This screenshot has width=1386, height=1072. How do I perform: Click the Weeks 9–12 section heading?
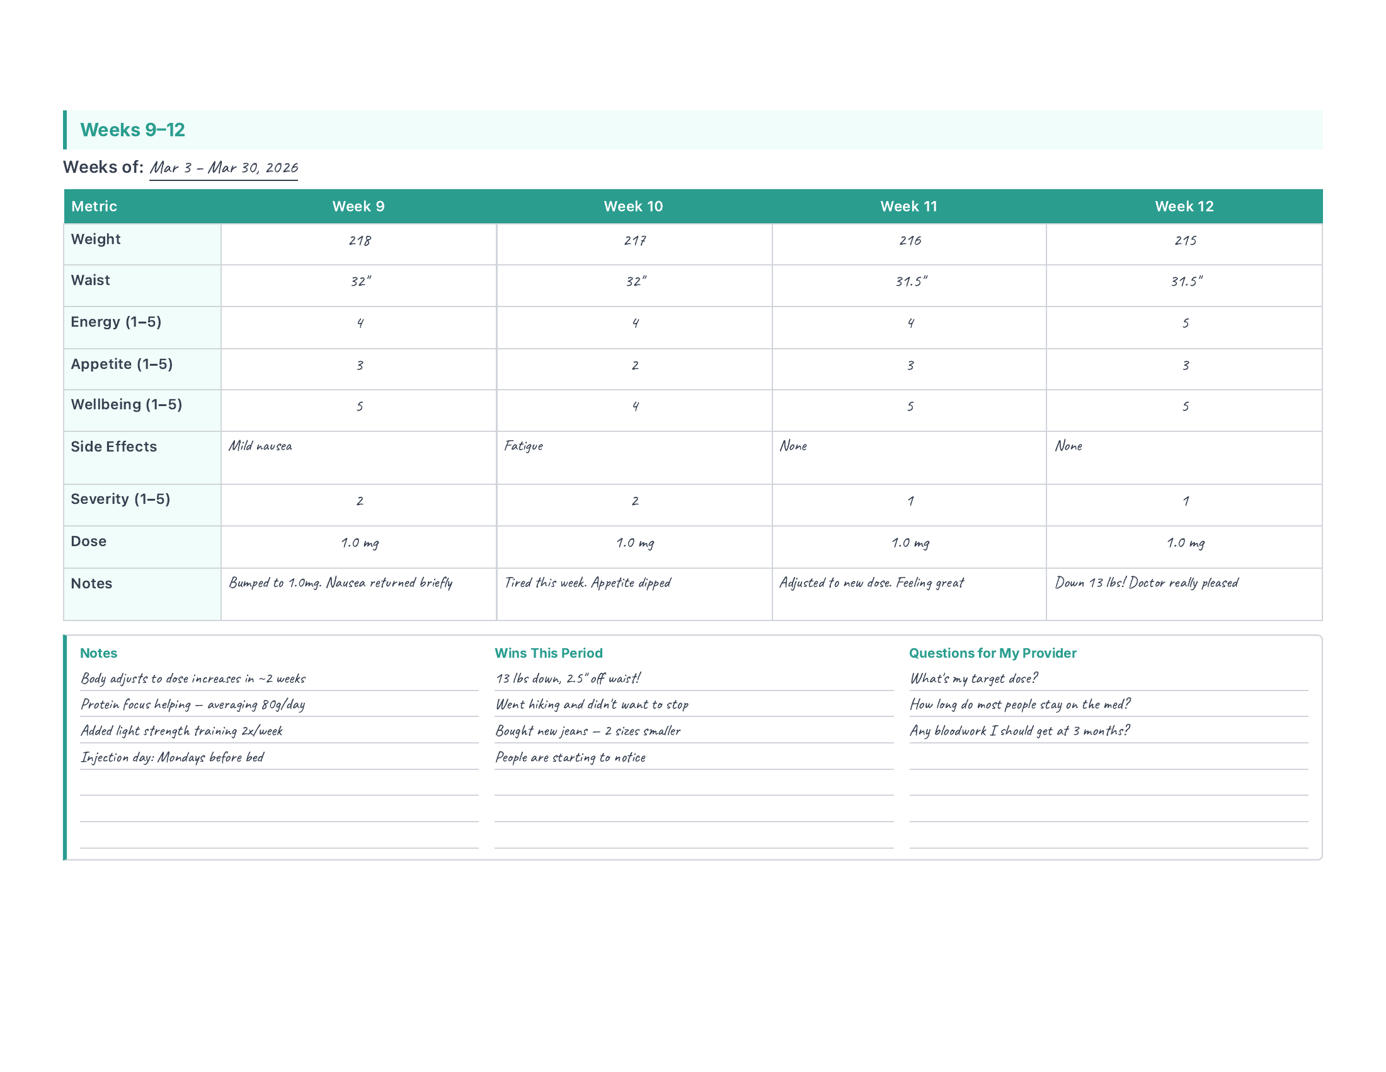pos(132,130)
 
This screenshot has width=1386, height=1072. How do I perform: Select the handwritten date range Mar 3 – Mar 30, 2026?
pos(224,168)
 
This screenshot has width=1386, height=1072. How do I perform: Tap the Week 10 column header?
pos(633,206)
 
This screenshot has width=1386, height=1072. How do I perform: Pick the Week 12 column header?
pos(1184,206)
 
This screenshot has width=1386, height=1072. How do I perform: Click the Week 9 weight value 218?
pos(359,241)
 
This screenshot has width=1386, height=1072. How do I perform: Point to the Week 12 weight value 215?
pos(1185,241)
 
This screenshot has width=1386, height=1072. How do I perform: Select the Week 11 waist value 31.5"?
pos(911,281)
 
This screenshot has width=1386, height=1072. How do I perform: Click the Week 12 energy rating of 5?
pos(1185,323)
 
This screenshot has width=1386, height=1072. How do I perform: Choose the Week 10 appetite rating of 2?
pos(634,365)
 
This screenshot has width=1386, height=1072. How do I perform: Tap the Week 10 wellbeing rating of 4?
pos(634,407)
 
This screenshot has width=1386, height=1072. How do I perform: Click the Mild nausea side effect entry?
pos(260,446)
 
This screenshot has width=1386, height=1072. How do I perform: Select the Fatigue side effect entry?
pos(524,446)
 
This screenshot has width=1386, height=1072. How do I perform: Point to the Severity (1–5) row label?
pos(120,499)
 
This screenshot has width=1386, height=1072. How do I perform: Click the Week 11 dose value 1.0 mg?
pos(910,543)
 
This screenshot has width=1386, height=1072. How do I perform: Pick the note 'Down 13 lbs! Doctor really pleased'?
pos(1146,583)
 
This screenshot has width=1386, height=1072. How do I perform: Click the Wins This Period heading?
pos(548,653)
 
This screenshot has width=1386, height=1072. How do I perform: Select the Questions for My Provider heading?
pos(992,653)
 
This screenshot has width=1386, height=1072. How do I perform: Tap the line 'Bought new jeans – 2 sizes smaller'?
pos(588,731)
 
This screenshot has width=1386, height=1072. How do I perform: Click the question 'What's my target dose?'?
pos(973,679)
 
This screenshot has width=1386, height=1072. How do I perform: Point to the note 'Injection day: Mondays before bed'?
pos(172,757)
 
